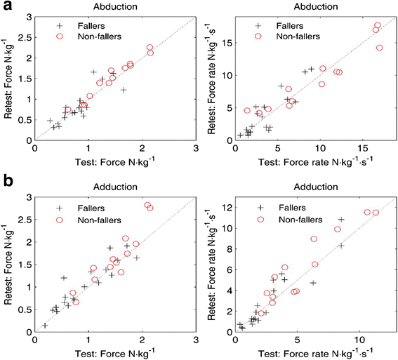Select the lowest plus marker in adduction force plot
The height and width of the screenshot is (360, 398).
click(x=45, y=326)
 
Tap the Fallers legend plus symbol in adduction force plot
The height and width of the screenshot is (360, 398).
click(x=62, y=208)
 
